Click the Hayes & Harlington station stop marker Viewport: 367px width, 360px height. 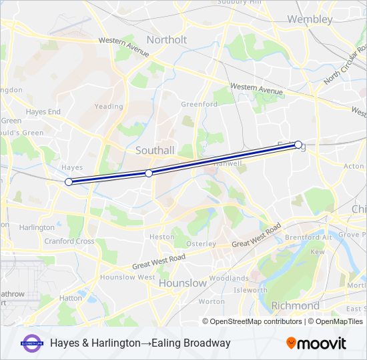[x=68, y=182]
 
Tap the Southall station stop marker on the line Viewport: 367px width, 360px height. [x=149, y=173]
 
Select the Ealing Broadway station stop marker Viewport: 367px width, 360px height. [x=298, y=144]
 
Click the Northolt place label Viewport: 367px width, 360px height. [x=167, y=39]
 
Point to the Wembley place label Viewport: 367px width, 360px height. [x=310, y=19]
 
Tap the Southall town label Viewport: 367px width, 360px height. [x=154, y=150]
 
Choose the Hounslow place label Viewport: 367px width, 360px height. [x=182, y=283]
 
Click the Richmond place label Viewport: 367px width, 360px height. [x=295, y=305]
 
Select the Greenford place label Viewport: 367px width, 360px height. [x=199, y=104]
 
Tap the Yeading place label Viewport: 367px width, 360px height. [x=109, y=106]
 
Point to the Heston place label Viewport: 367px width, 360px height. [x=161, y=237]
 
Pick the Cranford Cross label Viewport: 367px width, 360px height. [x=69, y=241]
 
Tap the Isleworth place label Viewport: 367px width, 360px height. [x=250, y=290]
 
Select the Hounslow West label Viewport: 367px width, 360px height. [x=127, y=277]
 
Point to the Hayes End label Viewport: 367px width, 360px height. [x=43, y=111]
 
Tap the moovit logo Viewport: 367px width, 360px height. [x=316, y=343]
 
